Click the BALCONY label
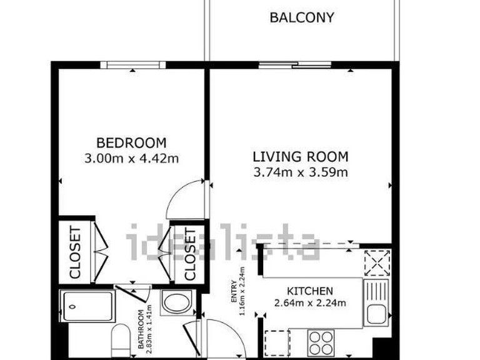tap(301, 17)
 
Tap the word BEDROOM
tap(131, 142)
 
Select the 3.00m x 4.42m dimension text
tap(131, 159)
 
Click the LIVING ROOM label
tap(300, 156)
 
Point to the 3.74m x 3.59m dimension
tap(300, 172)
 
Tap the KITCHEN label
tap(309, 291)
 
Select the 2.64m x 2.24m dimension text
tap(309, 304)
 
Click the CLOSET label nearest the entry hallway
tap(190, 252)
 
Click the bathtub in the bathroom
tap(87, 306)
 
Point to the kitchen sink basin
tap(377, 312)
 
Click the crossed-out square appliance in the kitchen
tap(377, 262)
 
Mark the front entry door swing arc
tap(222, 334)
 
